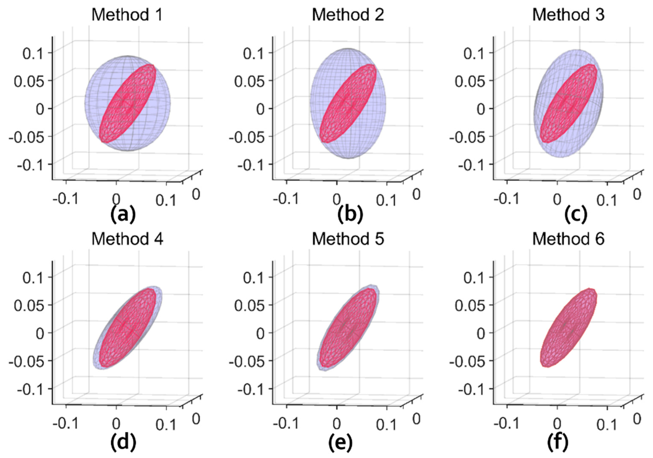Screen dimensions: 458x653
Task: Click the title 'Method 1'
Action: [x=127, y=15]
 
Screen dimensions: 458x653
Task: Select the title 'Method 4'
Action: [x=127, y=239]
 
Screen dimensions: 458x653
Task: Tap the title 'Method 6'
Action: [x=568, y=239]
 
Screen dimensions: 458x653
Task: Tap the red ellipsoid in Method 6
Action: [x=568, y=328]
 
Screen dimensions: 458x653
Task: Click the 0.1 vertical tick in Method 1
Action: [x=33, y=53]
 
